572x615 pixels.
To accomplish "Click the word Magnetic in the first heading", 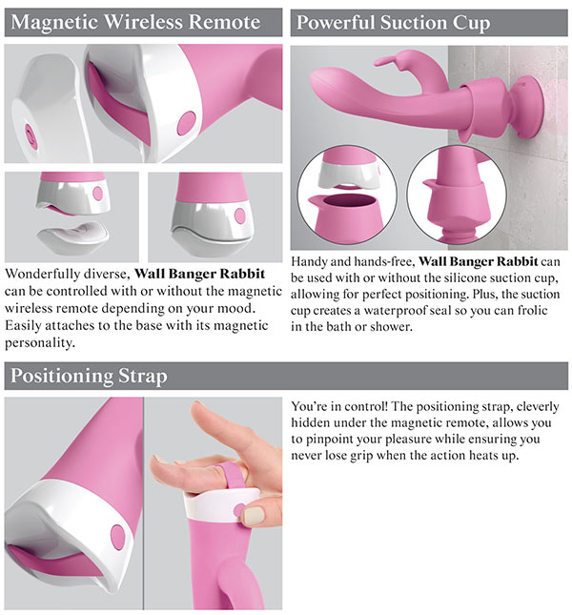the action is (54, 23).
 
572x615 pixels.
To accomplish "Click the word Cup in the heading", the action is (472, 23).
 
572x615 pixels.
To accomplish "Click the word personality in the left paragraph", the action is (40, 343).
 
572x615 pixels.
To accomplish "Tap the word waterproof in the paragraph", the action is (396, 311).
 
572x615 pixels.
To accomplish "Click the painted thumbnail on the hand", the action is (253, 516).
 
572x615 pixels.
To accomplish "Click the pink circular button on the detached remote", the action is (31, 135).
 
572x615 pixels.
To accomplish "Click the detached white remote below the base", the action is (73, 235).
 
